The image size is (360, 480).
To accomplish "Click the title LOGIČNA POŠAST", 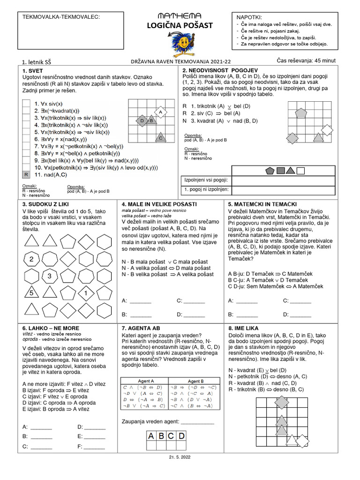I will click(x=180, y=25).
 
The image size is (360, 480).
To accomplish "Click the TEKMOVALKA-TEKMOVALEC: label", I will click(x=61, y=17).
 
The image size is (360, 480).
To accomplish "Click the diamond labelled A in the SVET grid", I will click(x=160, y=113).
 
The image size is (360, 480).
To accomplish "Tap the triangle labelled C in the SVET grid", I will click(x=160, y=137).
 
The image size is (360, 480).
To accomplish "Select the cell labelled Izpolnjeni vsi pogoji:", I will click(x=205, y=180).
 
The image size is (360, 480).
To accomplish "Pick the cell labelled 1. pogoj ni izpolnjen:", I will click(x=205, y=189).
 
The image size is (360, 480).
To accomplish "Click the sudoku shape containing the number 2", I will click(x=31, y=259).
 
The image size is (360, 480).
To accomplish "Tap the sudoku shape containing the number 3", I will click(x=49, y=276).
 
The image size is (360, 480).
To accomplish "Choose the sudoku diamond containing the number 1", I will click(x=86, y=293).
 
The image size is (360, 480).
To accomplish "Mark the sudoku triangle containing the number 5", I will click(x=31, y=293).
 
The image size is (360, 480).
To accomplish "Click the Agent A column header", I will click(x=143, y=381).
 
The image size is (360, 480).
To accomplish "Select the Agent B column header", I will click(x=195, y=381).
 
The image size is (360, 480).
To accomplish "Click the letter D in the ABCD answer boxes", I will click(x=181, y=436).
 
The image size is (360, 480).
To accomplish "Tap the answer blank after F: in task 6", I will click(x=95, y=447).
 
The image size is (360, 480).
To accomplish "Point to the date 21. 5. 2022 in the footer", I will click(x=180, y=457).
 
